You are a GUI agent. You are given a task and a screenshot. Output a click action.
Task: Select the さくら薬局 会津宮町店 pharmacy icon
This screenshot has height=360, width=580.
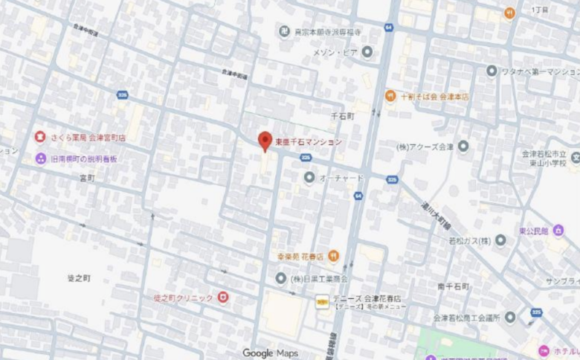(x=40, y=138)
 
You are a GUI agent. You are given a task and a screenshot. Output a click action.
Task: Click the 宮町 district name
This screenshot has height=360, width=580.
(x=87, y=179)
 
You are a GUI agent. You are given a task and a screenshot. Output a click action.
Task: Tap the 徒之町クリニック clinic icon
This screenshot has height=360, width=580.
(x=222, y=298)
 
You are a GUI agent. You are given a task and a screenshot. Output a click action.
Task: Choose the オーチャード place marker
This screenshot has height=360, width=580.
(x=309, y=178)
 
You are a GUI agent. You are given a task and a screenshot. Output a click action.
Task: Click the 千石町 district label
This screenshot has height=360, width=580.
(x=342, y=117)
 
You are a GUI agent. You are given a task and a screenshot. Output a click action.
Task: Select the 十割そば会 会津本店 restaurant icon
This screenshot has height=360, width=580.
(x=390, y=96)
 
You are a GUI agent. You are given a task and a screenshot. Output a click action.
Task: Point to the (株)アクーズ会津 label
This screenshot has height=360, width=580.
(x=425, y=146)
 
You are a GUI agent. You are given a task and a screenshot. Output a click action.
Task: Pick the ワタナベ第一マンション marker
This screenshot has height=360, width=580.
(x=492, y=71)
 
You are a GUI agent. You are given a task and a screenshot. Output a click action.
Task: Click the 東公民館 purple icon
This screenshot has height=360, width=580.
(x=558, y=231)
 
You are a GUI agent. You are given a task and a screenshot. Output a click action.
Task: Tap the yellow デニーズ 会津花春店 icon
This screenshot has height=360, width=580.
(x=322, y=300)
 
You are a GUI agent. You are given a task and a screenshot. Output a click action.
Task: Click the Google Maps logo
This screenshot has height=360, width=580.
(x=270, y=353)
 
